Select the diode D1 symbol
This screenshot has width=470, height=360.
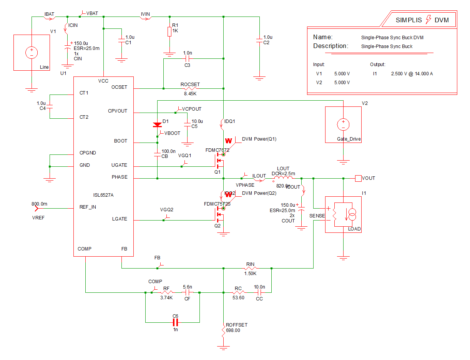[x=157, y=125]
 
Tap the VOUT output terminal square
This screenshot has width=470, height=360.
[x=358, y=178]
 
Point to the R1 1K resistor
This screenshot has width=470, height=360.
[x=169, y=31]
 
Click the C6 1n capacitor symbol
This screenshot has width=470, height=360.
[x=175, y=322]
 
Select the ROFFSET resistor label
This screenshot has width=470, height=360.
[x=237, y=325]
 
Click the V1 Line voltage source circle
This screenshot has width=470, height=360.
[x=32, y=52]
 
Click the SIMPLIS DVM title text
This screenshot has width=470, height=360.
[x=422, y=20]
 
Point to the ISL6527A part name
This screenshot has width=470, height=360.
[x=103, y=195]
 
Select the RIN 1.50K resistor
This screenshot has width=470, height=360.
[x=251, y=269]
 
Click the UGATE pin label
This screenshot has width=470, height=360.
[x=119, y=165]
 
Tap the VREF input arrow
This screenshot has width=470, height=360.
[x=37, y=209]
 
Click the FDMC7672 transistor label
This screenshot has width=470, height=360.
[x=217, y=151]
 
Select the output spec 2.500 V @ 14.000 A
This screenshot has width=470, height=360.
[x=412, y=73]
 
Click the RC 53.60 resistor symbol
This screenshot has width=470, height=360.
[x=238, y=292]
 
